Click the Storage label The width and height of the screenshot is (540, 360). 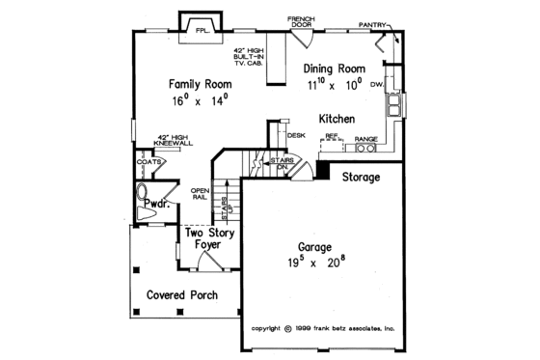(x=360, y=178)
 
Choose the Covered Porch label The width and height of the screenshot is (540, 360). (x=181, y=294)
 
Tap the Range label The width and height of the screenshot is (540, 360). (x=364, y=139)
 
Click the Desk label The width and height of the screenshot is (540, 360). (x=296, y=136)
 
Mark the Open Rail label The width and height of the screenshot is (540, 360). (x=201, y=193)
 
